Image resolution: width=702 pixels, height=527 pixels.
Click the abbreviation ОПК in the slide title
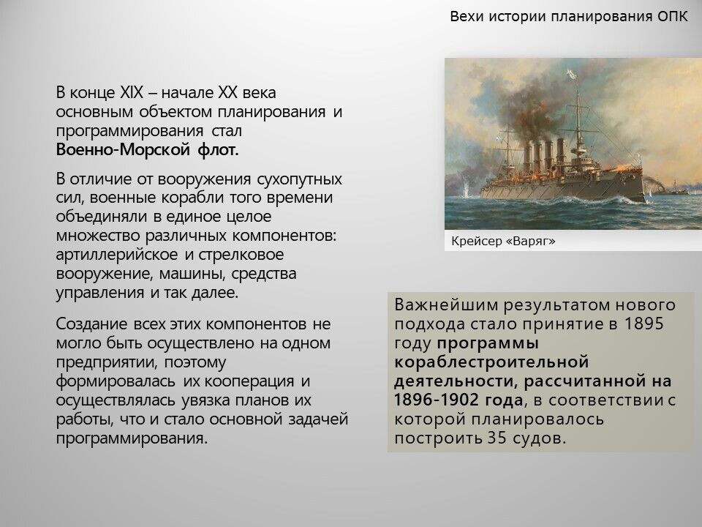pyautogui.click(x=672, y=17)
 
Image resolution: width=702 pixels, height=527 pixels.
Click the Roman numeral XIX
pyautogui.click(x=131, y=93)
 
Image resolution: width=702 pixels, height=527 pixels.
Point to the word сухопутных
pyautogui.click(x=299, y=179)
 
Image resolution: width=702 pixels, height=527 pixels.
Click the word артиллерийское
pyautogui.click(x=117, y=255)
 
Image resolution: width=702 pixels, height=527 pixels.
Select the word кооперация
pyautogui.click(x=249, y=381)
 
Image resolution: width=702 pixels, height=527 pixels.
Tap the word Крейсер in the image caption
pyautogui.click(x=476, y=241)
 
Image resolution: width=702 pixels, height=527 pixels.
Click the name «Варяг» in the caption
pyautogui.click(x=530, y=241)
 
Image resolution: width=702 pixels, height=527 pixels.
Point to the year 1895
pyautogui.click(x=643, y=324)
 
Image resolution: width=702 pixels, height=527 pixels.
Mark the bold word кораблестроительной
pyautogui.click(x=491, y=362)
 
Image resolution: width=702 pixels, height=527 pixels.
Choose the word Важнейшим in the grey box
pyautogui.click(x=446, y=305)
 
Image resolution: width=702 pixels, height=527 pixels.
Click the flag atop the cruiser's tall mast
pyautogui.click(x=572, y=73)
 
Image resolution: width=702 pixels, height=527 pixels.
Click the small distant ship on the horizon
pyautogui.click(x=675, y=189)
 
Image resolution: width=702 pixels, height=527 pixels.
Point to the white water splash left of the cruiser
pyautogui.click(x=466, y=189)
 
